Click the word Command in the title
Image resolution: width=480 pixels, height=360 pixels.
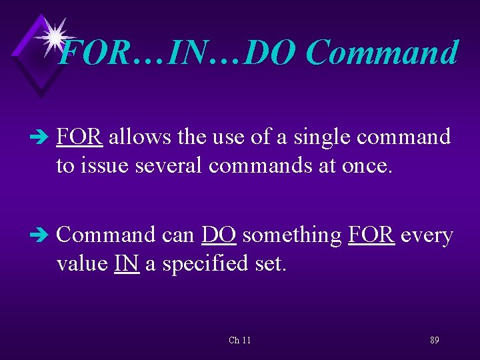tap(383, 53)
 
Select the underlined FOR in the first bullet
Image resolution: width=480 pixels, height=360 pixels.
tap(79, 137)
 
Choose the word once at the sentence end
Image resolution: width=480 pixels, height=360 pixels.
tap(365, 165)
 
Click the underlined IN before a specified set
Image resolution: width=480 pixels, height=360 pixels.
tap(127, 263)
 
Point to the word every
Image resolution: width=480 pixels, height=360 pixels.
tap(427, 235)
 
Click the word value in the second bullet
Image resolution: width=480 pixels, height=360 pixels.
tap(83, 263)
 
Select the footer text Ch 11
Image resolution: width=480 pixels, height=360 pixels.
tap(239, 340)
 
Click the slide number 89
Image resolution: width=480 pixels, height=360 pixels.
tap(434, 340)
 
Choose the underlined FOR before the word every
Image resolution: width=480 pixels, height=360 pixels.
tap(371, 235)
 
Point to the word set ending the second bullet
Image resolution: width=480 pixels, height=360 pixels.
tap(270, 263)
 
